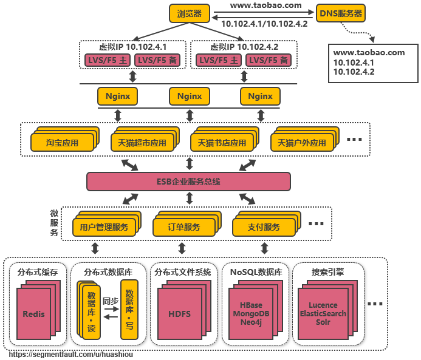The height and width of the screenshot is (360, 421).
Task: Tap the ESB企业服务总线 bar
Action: pyautogui.click(x=189, y=182)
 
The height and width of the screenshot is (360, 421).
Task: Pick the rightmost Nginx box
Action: pyautogui.click(x=260, y=96)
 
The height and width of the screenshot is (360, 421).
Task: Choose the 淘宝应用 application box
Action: pyautogui.click(x=63, y=143)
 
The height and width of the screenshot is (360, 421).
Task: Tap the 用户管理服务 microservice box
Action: pyautogui.click(x=104, y=227)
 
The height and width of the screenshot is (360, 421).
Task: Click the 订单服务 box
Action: pyautogui.click(x=184, y=227)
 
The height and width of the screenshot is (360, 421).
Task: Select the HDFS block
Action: pyautogui.click(x=179, y=314)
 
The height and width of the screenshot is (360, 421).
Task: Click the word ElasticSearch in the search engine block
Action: pyautogui.click(x=323, y=313)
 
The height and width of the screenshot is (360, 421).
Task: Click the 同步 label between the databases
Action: pyautogui.click(x=111, y=301)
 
